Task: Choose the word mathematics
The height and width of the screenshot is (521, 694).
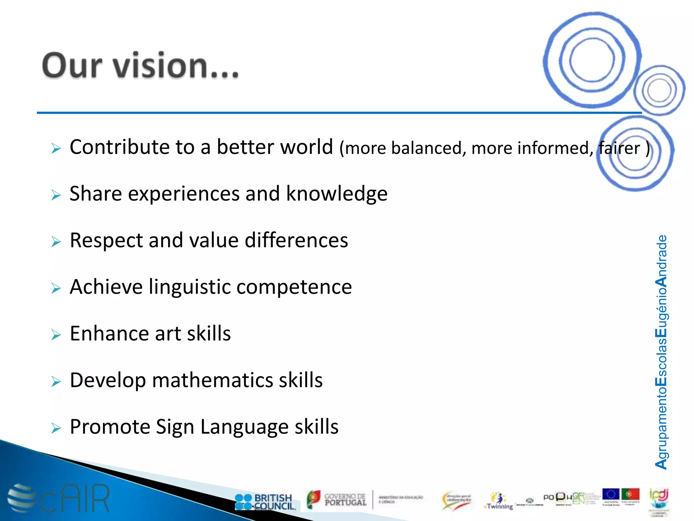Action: click(212, 380)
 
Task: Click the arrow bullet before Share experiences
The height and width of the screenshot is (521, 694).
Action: click(56, 195)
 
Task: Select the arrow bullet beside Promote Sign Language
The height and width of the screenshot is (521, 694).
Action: click(56, 428)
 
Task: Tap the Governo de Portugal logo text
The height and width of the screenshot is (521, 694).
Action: click(345, 500)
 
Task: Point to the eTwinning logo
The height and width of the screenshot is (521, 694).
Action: click(499, 502)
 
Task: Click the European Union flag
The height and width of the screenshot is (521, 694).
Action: click(611, 494)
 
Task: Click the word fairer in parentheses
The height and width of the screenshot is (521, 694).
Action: click(619, 148)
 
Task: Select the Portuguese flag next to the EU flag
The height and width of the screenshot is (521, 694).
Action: click(630, 494)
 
